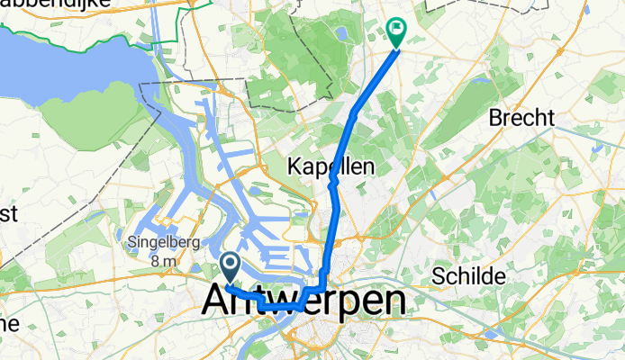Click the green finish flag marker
395,33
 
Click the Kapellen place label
331,166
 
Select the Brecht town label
521,118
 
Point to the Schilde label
468,275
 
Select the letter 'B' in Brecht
494,118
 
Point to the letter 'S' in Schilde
439,275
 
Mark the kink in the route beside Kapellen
332,181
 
